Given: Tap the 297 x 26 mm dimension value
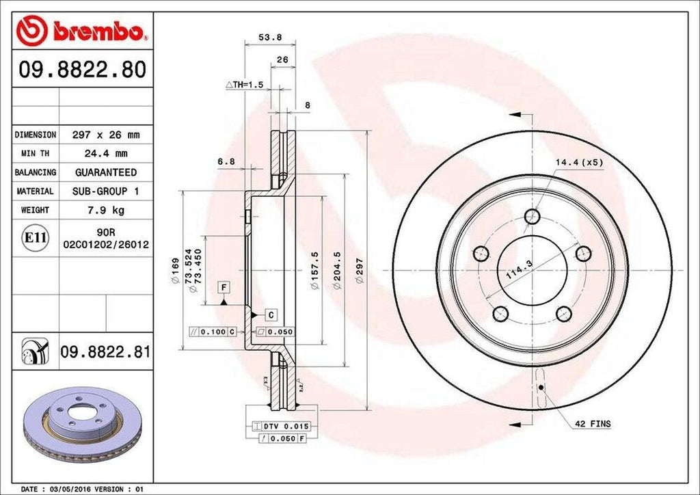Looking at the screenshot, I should (x=105, y=135).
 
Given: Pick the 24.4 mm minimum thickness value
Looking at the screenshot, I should (x=105, y=154).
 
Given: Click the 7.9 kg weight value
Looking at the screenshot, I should (x=105, y=210).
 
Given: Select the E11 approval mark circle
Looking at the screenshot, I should (x=35, y=238).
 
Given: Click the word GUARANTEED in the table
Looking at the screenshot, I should (x=105, y=172).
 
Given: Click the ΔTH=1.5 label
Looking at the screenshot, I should (x=244, y=84).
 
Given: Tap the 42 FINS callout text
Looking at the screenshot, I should (x=592, y=424).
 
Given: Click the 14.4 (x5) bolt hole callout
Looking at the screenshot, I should (x=578, y=163).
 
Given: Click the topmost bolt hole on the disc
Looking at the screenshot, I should (x=532, y=217).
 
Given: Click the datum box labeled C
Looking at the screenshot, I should (x=271, y=315).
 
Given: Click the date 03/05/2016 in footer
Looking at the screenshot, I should (x=70, y=490).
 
